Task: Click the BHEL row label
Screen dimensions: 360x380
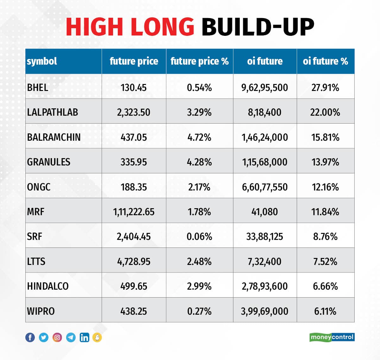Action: tap(38, 87)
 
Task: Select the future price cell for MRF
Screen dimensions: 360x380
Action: tap(134, 212)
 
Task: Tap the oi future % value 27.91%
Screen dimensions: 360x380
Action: tap(325, 87)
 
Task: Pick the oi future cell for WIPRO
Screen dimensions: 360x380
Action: tap(264, 311)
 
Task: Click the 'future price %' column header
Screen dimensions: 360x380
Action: tap(199, 61)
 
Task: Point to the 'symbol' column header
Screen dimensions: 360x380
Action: tap(42, 61)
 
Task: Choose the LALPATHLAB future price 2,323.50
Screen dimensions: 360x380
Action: tap(134, 112)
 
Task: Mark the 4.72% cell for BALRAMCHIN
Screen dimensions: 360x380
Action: tap(199, 137)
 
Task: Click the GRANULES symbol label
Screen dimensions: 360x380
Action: tap(48, 162)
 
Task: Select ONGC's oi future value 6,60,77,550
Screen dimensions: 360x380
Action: tap(265, 187)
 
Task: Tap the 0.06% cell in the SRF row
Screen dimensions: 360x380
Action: tap(199, 236)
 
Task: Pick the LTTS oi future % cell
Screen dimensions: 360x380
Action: tap(325, 261)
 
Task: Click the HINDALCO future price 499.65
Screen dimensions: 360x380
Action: tap(134, 286)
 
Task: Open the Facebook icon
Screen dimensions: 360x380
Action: tap(30, 337)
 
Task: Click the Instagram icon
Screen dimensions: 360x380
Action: tap(57, 337)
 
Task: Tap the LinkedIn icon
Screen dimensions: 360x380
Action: tap(84, 337)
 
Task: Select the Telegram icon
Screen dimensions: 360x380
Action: tap(71, 337)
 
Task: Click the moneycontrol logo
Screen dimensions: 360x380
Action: tap(332, 337)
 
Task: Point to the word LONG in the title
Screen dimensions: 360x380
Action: tap(162, 27)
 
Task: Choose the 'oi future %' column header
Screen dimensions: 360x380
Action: tap(325, 61)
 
